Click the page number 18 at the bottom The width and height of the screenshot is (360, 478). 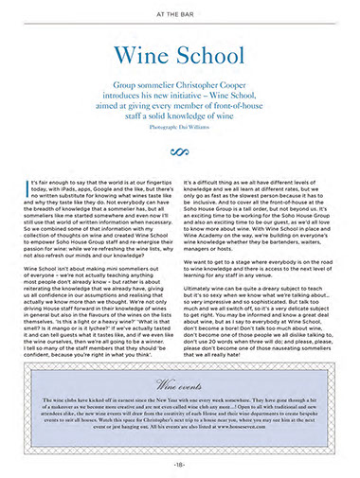coord(179,464)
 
